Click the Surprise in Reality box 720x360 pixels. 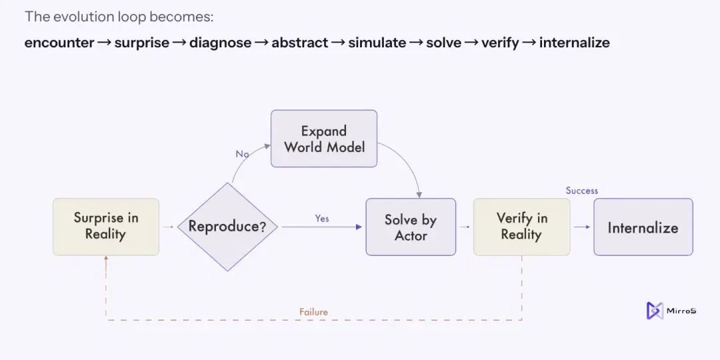106,227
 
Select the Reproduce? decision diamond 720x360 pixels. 227,227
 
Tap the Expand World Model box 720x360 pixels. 324,138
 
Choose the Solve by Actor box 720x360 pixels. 411,227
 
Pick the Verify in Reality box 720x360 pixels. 521,227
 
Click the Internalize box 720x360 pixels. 643,227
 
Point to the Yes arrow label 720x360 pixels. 322,218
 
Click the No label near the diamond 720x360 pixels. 243,154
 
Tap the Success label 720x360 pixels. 582,191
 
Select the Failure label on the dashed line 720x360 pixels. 313,312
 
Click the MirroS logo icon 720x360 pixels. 655,311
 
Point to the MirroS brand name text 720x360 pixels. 681,311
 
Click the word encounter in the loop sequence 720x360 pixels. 59,43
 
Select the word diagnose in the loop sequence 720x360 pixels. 220,43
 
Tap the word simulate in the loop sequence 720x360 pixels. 377,43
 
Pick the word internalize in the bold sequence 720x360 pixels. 575,43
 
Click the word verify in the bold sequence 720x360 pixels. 500,43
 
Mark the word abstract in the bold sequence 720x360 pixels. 300,43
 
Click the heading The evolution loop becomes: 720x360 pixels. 119,17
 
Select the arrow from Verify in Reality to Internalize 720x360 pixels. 582,227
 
